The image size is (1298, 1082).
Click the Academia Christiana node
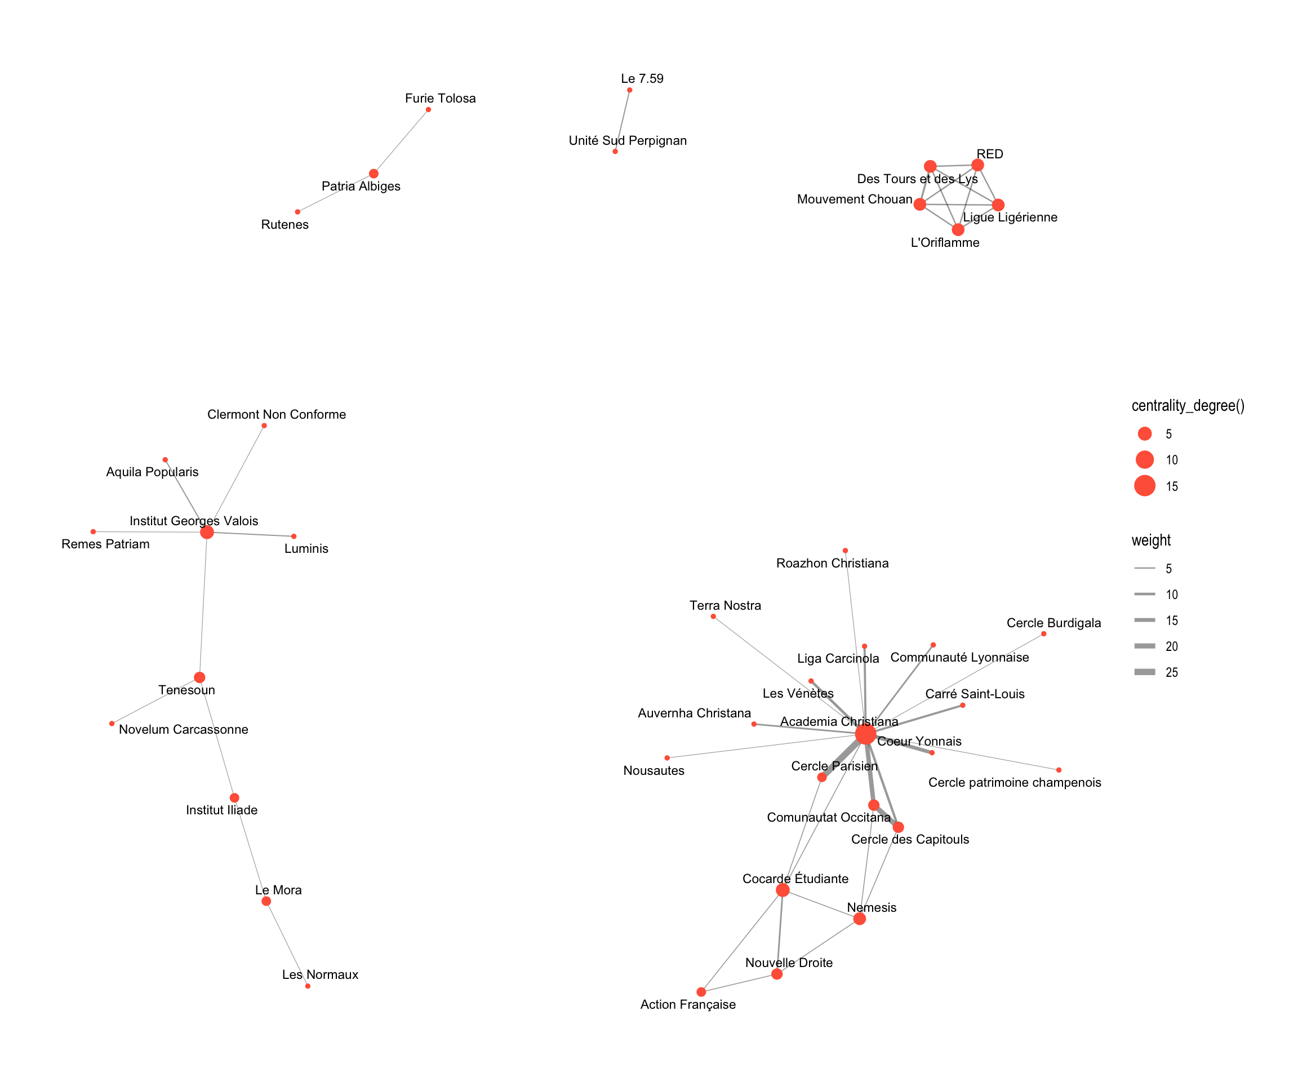pyautogui.click(x=865, y=734)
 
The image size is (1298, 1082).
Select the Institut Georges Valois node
pyautogui.click(x=207, y=533)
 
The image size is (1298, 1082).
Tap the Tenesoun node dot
pyautogui.click(x=199, y=677)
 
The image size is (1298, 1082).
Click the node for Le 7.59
pyautogui.click(x=630, y=90)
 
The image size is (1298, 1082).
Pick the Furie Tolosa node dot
pyautogui.click(x=428, y=110)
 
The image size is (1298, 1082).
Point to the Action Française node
pyautogui.click(x=701, y=992)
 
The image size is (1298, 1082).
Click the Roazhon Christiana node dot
pyautogui.click(x=845, y=550)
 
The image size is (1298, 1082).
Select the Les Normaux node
pyautogui.click(x=308, y=986)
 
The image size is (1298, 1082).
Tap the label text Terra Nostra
pyautogui.click(x=725, y=605)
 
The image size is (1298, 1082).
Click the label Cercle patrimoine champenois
pyautogui.click(x=1014, y=783)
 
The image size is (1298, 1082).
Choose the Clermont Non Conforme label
pyautogui.click(x=276, y=414)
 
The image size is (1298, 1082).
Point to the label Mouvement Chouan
pyautogui.click(x=854, y=199)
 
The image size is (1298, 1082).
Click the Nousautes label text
pyautogui.click(x=654, y=771)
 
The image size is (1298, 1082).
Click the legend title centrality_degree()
pyautogui.click(x=1188, y=406)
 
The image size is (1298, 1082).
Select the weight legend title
pyautogui.click(x=1151, y=540)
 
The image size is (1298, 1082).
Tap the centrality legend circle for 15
pyautogui.click(x=1145, y=486)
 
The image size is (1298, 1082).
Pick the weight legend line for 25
pyautogui.click(x=1145, y=672)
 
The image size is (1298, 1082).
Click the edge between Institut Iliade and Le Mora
pyautogui.click(x=250, y=849)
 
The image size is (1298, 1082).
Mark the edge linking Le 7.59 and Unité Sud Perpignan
pyautogui.click(x=623, y=121)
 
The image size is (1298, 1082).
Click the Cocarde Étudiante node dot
pyautogui.click(x=783, y=890)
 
